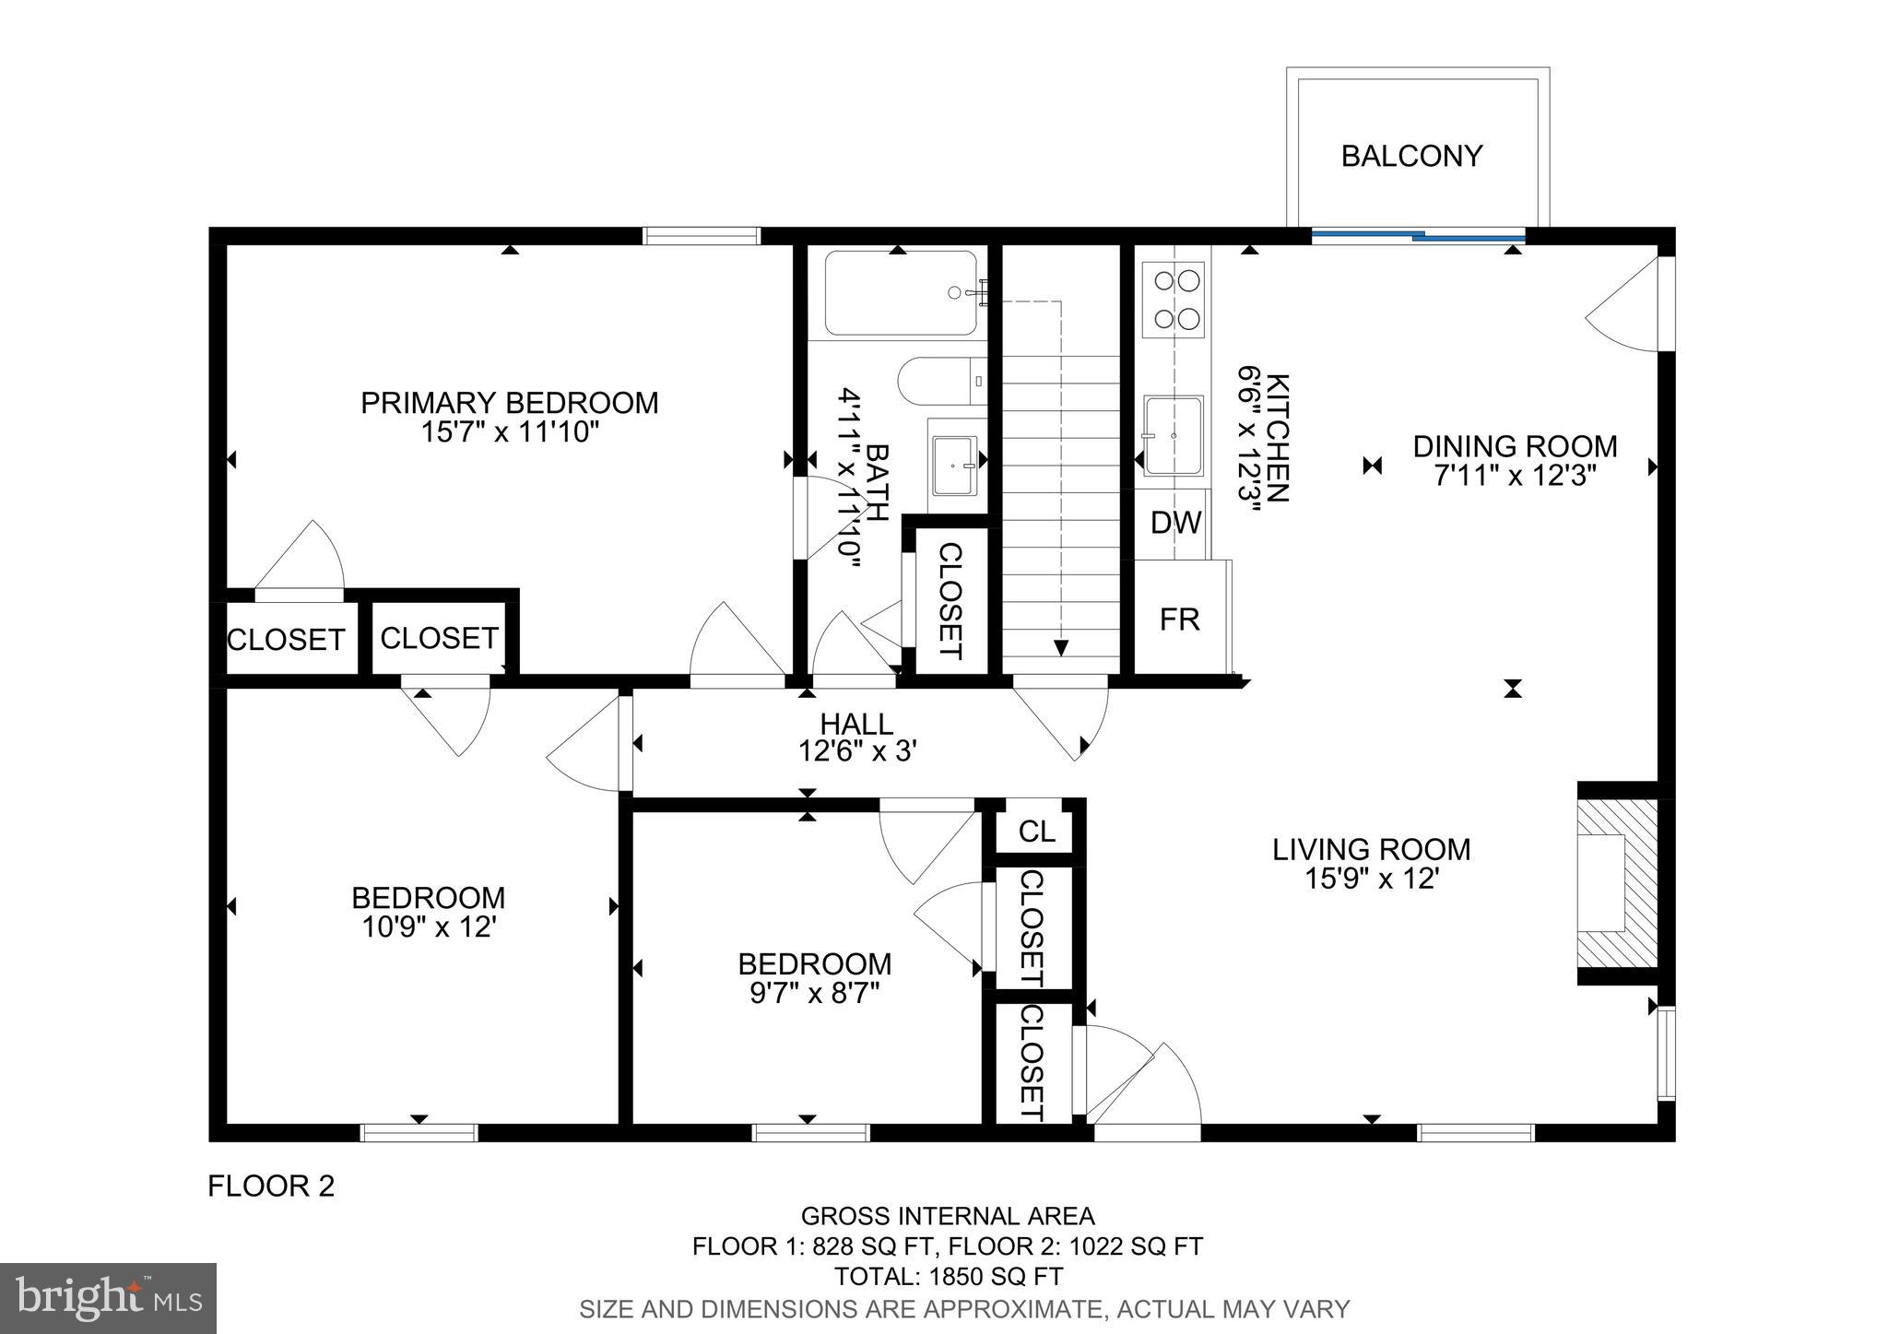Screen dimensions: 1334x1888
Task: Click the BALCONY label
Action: [x=1410, y=156]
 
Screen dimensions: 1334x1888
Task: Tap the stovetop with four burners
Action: [x=1173, y=299]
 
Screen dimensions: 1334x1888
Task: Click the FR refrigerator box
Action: [x=1179, y=619]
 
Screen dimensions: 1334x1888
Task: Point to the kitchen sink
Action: [x=1173, y=434]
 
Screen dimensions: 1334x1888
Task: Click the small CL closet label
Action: [x=1035, y=832]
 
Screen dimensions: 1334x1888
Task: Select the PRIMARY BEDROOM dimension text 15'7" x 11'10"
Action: [x=510, y=431]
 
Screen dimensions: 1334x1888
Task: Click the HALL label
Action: [x=856, y=724]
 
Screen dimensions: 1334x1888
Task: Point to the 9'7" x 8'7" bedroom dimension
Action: [x=814, y=993]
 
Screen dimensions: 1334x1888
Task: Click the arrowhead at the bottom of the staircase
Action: [x=1060, y=647]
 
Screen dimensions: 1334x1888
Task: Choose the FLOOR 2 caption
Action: [x=270, y=1186]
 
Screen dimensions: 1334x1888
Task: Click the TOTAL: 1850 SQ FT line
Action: [x=948, y=1276]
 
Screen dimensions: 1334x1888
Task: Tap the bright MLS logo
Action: [x=108, y=1298]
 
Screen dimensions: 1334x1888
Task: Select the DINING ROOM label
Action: [x=1515, y=446]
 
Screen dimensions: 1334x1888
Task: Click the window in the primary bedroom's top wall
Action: [x=701, y=235]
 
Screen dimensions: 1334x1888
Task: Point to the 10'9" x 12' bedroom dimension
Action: [x=429, y=927]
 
